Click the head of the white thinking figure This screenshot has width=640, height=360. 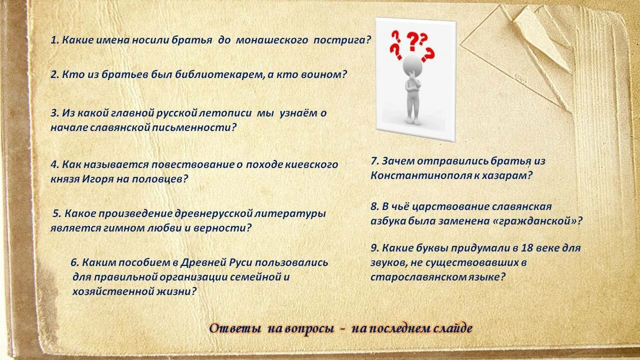[413, 64]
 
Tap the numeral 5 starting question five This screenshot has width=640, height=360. [56, 213]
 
